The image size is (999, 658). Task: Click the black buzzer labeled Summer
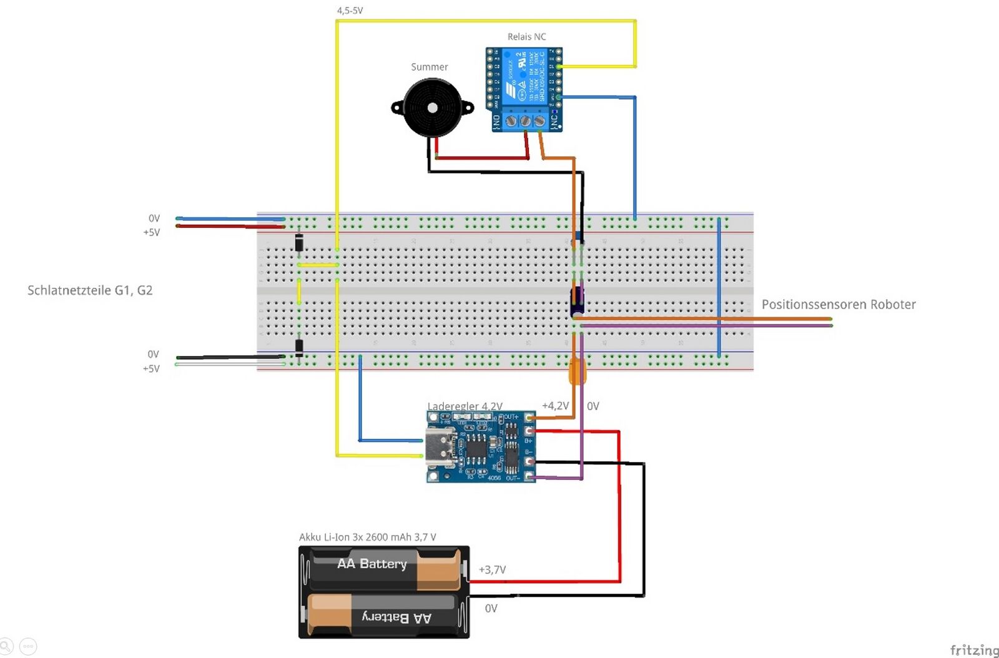tap(432, 108)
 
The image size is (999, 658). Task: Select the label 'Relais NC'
tap(526, 37)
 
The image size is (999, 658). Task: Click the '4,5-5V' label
tap(350, 11)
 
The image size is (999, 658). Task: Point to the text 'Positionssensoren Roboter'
tap(838, 305)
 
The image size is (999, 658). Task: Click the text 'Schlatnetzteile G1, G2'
tap(90, 290)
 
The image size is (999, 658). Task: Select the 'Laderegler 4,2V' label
tap(465, 406)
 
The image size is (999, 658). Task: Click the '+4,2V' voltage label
tap(555, 406)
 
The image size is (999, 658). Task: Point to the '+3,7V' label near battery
tap(492, 569)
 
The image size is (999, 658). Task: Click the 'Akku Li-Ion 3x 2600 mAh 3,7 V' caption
tap(367, 537)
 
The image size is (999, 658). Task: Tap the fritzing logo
tap(974, 650)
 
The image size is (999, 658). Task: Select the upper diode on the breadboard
tap(299, 242)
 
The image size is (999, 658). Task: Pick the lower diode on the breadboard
tap(299, 346)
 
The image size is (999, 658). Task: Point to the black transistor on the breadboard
tap(577, 300)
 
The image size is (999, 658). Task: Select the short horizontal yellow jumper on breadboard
tap(318, 265)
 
